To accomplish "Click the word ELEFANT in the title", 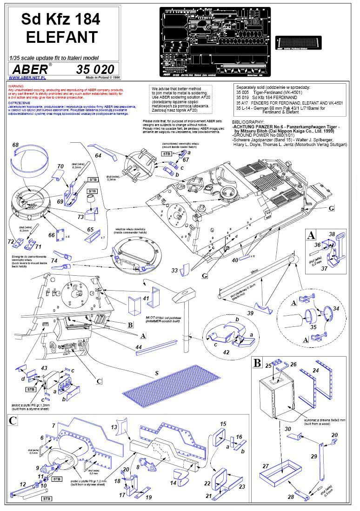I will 61,36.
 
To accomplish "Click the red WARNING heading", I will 16,86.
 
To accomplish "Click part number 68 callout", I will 15,146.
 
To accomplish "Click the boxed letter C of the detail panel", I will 13,421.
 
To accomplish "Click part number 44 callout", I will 138,346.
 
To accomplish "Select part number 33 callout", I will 174,270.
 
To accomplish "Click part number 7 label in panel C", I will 53,425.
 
